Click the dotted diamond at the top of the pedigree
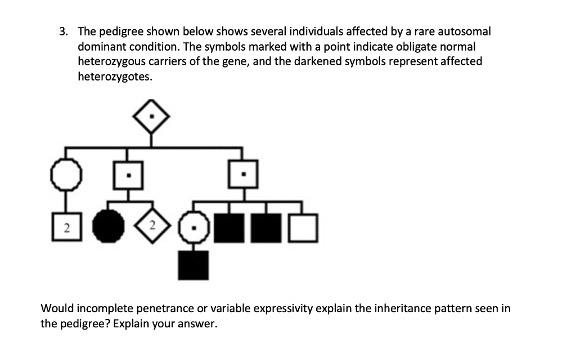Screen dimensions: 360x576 pos(151,119)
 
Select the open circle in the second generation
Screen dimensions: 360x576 pos(66,175)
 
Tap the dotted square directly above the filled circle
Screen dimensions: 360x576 pos(129,175)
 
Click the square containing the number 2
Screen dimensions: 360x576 pos(66,228)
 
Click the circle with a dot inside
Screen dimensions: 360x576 pos(193,228)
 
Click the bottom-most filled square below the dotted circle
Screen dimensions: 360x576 pos(193,265)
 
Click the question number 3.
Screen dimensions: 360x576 pos(63,31)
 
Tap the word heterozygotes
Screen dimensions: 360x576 pos(114,77)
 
